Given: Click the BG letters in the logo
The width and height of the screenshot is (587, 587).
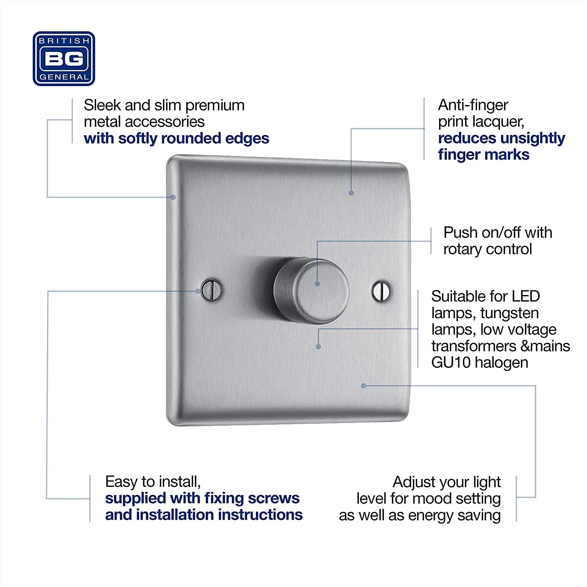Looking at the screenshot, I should tap(64, 59).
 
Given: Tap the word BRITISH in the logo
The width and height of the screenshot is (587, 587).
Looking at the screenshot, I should tap(64, 41).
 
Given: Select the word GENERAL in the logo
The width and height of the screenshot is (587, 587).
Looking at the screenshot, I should tap(64, 77).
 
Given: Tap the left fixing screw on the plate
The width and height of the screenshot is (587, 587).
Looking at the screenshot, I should tap(211, 290).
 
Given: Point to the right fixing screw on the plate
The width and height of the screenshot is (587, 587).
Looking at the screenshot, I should tap(381, 291).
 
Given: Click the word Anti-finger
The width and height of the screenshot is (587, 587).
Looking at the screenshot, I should tap(473, 105).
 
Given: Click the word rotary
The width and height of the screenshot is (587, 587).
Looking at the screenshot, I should tap(462, 249).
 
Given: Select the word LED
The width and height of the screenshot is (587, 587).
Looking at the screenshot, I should tap(526, 296).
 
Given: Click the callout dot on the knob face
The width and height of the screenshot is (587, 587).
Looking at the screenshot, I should tap(317, 284).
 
